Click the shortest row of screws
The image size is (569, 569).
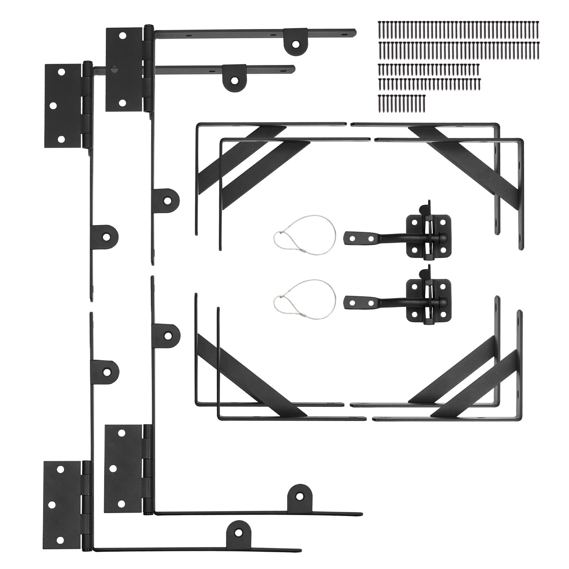click(x=402, y=102)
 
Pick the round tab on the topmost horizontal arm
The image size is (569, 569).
click(x=295, y=43)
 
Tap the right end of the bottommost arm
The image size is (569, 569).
click(x=299, y=551)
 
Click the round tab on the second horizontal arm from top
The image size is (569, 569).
click(x=234, y=80)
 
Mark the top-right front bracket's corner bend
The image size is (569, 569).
click(x=521, y=142)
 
